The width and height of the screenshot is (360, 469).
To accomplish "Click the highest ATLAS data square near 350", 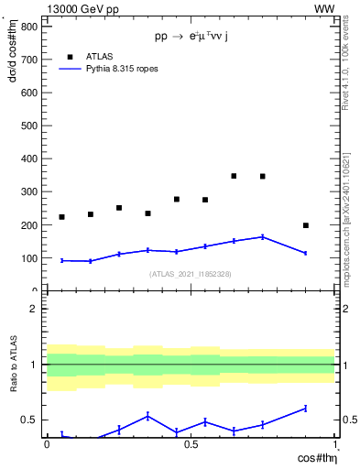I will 234,176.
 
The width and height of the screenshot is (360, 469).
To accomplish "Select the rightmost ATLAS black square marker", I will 306,225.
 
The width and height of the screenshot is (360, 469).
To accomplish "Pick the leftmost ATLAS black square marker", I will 61,217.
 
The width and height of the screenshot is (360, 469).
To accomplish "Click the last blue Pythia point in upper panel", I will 306,253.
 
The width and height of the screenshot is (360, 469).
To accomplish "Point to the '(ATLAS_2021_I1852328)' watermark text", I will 191,274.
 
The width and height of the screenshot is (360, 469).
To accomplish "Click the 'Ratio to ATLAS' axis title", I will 12,365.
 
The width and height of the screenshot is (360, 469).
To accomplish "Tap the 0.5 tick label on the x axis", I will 191,444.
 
